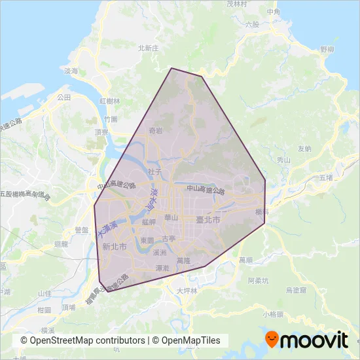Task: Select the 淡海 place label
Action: (x=71, y=71)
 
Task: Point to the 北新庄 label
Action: (x=149, y=48)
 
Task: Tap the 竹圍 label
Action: (x=111, y=120)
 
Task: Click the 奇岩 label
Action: (x=156, y=130)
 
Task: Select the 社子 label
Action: (x=154, y=171)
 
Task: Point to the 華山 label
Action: (x=171, y=217)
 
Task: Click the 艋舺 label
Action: (x=149, y=223)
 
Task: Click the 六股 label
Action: (x=252, y=25)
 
